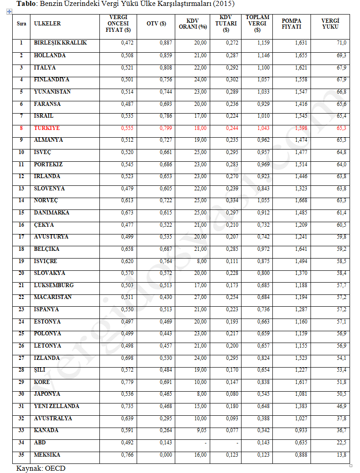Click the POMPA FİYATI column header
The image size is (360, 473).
pos(291,24)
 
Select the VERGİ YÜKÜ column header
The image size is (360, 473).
pos(330,24)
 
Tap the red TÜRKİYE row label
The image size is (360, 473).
pos(47,128)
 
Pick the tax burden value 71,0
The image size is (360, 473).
pos(341,43)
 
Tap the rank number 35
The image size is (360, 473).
pos(21,455)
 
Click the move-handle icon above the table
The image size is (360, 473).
pos(9,11)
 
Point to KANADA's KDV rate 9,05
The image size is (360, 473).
pos(200,430)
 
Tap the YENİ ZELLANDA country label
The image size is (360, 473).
pos(56,406)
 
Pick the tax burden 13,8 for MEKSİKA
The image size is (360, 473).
pos(341,455)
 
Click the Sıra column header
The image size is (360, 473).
pos(21,24)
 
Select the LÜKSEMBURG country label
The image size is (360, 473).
pos(54,285)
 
